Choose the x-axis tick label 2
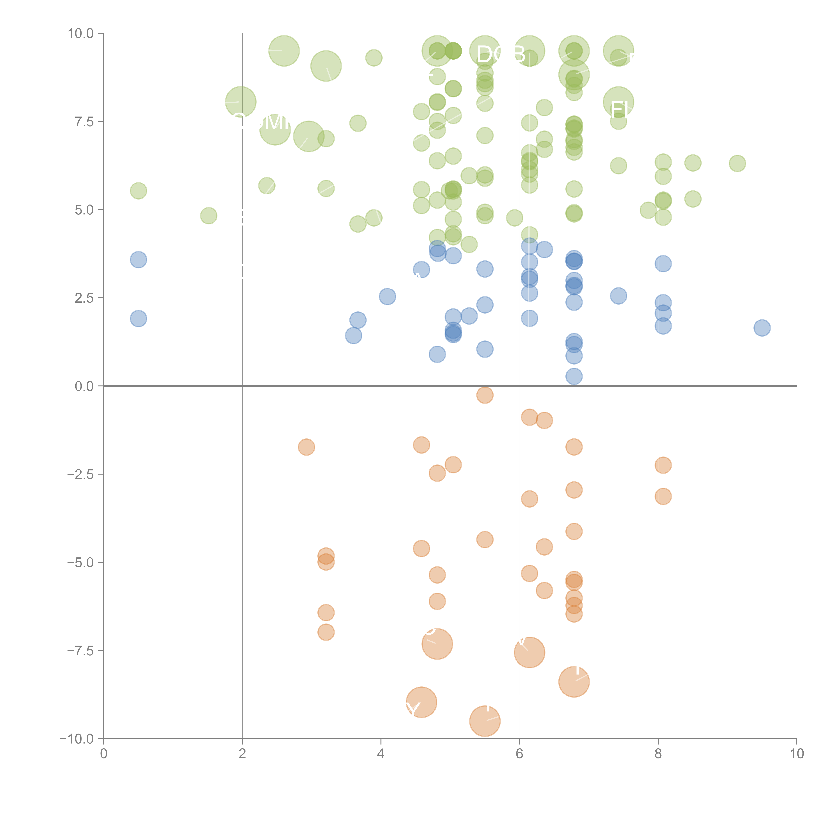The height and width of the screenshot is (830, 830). (242, 754)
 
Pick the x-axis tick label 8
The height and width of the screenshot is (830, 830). (658, 754)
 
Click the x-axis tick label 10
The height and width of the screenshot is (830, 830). (796, 754)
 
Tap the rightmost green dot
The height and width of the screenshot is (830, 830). (737, 163)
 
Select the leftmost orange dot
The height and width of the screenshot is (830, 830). (306, 447)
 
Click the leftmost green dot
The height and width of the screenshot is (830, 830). (138, 191)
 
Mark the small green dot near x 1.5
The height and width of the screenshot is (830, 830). (208, 216)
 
